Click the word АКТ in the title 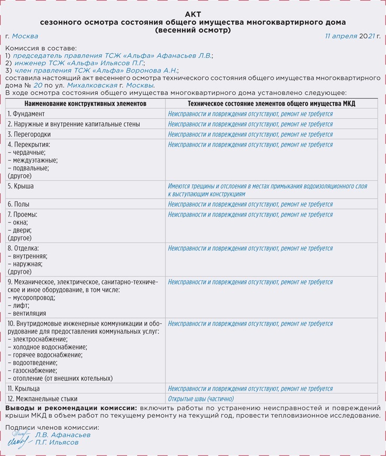(x=192, y=14)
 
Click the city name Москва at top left (x=25, y=36)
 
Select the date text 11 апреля (x=341, y=36)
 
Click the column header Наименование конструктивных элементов (x=85, y=104)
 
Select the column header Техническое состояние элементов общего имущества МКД (x=271, y=104)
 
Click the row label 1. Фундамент (x=26, y=114)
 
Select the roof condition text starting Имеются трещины (x=267, y=190)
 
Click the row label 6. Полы (x=19, y=204)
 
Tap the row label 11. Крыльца (x=24, y=389)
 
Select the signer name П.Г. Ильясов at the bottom (x=57, y=442)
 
